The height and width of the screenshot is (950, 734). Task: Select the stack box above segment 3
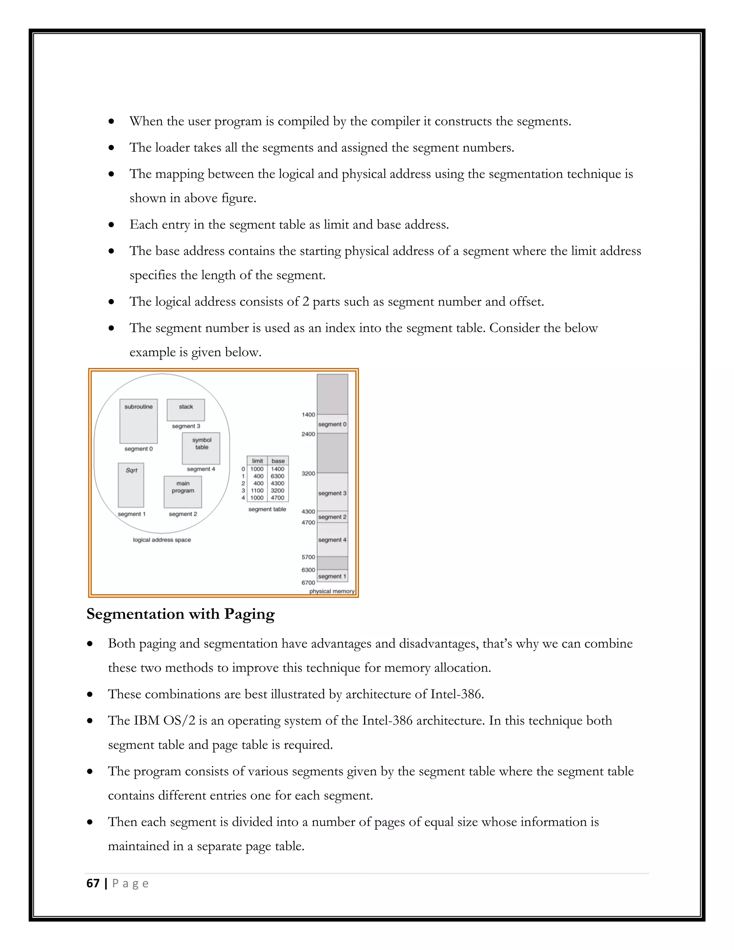click(x=186, y=410)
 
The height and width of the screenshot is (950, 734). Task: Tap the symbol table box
click(x=201, y=448)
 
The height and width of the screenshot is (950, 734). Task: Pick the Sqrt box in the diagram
click(x=131, y=485)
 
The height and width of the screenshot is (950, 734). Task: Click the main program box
click(x=183, y=491)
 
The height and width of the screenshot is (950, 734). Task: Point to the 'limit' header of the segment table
click(x=257, y=461)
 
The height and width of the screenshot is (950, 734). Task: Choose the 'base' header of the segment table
click(x=278, y=461)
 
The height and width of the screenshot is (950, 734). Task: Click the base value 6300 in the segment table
click(x=277, y=476)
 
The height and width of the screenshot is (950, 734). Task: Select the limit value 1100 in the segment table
click(x=257, y=490)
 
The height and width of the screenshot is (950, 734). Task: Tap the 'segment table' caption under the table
click(x=267, y=509)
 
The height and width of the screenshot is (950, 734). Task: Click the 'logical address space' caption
click(x=162, y=540)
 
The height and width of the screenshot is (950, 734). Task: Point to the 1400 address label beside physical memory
click(x=308, y=414)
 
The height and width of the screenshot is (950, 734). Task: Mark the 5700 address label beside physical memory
click(x=308, y=557)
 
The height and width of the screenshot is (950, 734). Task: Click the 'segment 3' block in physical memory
click(x=332, y=493)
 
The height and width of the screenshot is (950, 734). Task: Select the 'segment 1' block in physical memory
click(x=332, y=576)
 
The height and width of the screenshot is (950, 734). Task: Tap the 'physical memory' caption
click(x=332, y=591)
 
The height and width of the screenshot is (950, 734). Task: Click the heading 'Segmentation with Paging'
click(x=181, y=614)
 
